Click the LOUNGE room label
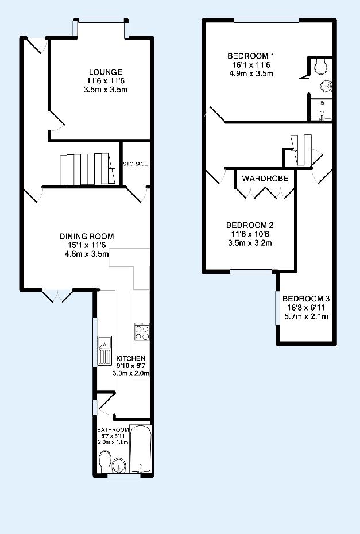click(106, 72)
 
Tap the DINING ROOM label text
click(87, 236)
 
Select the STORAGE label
click(135, 164)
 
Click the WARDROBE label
click(265, 178)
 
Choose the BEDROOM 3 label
click(306, 299)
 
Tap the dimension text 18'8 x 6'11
click(306, 308)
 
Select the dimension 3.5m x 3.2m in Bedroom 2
click(250, 243)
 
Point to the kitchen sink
click(104, 350)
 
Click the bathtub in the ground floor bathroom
click(141, 449)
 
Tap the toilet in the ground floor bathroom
click(104, 462)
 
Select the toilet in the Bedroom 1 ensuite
click(321, 66)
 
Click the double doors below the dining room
click(57, 295)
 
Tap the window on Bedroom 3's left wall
click(277, 308)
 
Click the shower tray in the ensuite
click(320, 110)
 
